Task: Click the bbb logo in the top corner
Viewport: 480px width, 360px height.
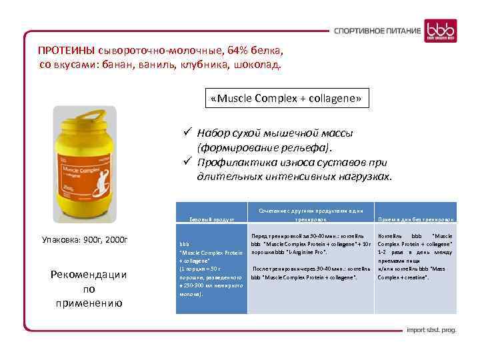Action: pyautogui.click(x=443, y=30)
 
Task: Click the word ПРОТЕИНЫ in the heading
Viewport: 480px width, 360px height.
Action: pyautogui.click(x=67, y=51)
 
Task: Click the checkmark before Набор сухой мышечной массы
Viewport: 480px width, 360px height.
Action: pyautogui.click(x=189, y=133)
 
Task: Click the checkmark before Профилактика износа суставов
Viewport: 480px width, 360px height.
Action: pyautogui.click(x=189, y=162)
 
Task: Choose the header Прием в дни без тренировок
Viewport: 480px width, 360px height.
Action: pyautogui.click(x=416, y=219)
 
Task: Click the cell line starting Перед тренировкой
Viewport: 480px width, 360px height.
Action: pyautogui.click(x=307, y=236)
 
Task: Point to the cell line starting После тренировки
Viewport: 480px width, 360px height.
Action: pyautogui.click(x=307, y=267)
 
